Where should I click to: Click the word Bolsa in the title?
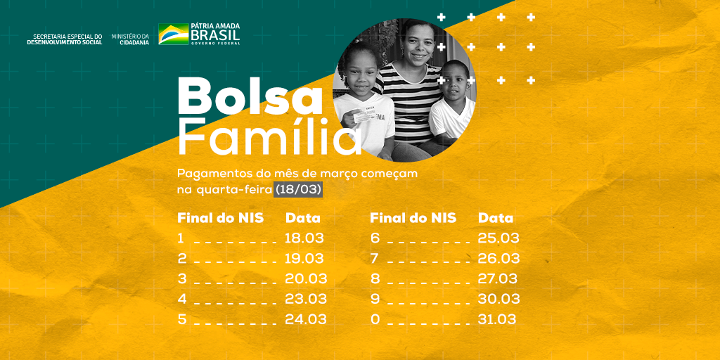[250, 97]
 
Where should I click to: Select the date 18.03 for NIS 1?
[304, 238]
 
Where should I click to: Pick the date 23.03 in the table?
[306, 299]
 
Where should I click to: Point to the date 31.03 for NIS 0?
[497, 319]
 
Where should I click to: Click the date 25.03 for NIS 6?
[499, 238]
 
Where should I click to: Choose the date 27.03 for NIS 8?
[497, 278]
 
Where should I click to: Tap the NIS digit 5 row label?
[182, 319]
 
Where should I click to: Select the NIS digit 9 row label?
[375, 299]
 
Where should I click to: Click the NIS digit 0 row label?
[375, 319]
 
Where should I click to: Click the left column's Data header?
[303, 218]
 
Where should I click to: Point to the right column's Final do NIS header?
[413, 218]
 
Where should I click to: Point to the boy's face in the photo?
[456, 82]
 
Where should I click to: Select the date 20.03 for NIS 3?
[306, 278]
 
